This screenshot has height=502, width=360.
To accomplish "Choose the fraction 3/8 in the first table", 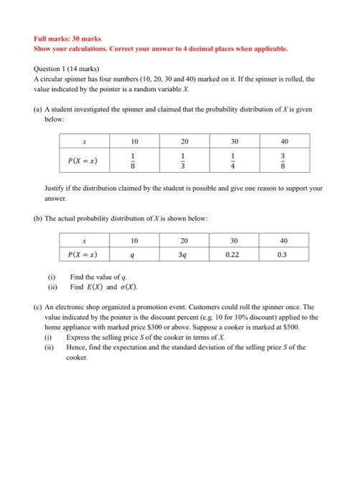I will coord(284,162).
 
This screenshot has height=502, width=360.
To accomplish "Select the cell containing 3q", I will coord(184,253).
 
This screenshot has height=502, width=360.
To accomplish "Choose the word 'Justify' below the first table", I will coord(57,188).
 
